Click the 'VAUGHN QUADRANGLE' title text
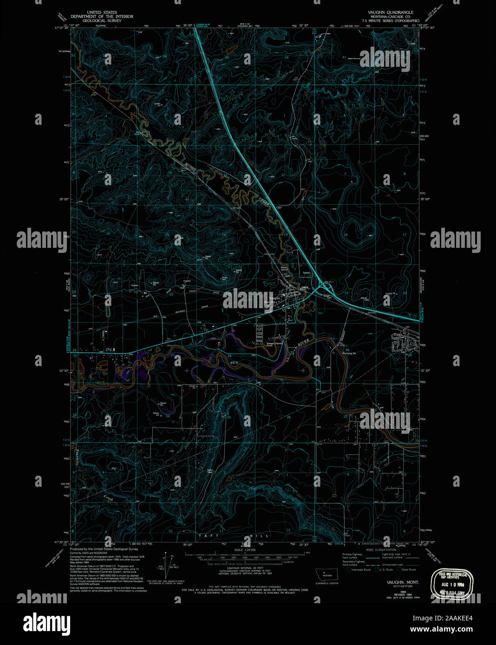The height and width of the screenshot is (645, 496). tap(390, 12)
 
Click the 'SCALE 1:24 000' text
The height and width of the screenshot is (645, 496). tap(246, 550)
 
